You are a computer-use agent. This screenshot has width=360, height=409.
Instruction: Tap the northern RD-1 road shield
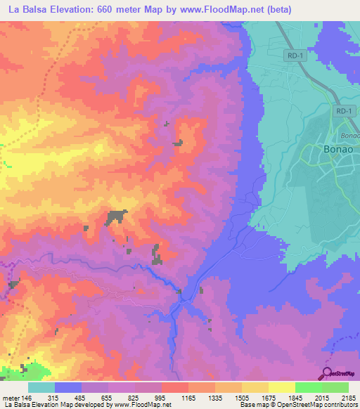(x=295, y=55)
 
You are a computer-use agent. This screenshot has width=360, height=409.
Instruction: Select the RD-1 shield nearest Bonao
(x=344, y=111)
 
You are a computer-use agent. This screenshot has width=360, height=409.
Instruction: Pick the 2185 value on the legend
(x=349, y=398)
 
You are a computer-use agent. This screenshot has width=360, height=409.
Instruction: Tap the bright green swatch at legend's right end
(x=335, y=387)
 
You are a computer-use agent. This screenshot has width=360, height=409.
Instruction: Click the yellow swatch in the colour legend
(x=281, y=387)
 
